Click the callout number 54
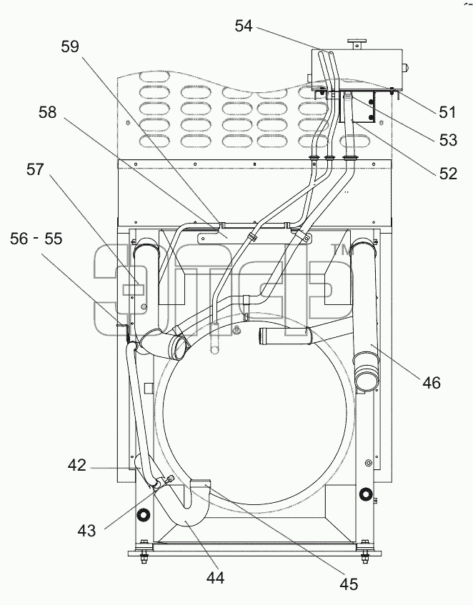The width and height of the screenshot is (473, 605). tap(244, 26)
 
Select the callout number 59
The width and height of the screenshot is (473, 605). tap(70, 46)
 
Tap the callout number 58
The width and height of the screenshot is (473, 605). tap(47, 112)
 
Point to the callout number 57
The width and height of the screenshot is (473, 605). tap(35, 169)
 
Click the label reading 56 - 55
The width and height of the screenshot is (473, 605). tap(36, 239)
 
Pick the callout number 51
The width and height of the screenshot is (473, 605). tap(447, 112)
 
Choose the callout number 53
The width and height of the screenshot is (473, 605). tap(448, 140)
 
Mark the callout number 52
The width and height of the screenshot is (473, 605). tap(448, 174)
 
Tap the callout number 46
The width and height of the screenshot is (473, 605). tap(432, 383)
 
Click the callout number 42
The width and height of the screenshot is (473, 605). tap(76, 465)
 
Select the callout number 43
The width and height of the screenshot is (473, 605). tap(86, 531)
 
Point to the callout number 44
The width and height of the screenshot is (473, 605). tap(215, 578)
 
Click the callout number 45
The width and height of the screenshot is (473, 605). tap(349, 584)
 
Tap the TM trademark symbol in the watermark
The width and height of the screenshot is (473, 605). tap(342, 250)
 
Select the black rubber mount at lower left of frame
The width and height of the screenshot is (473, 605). tap(144, 515)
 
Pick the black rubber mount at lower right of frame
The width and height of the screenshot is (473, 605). tap(365, 494)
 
